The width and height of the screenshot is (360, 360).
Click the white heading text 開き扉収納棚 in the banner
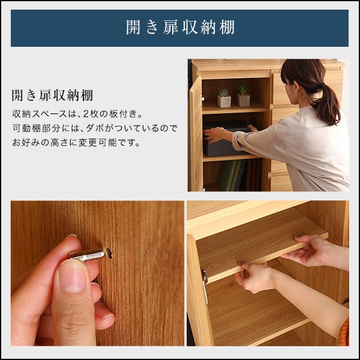point(180,28)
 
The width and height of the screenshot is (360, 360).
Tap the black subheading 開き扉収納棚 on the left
point(52,96)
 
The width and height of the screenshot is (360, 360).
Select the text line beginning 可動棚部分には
point(95,128)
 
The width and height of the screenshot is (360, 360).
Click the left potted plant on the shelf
point(224,98)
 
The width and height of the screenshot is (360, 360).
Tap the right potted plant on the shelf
point(243,96)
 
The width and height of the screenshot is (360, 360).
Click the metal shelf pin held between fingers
point(88,255)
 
